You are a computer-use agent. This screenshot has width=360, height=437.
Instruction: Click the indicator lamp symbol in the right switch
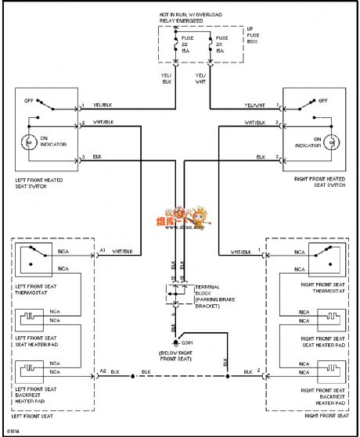[331, 141]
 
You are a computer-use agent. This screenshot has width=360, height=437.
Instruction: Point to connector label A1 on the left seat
[103, 251]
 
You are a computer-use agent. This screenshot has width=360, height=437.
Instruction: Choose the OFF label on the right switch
[322, 101]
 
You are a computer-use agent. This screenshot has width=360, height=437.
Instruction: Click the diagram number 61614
[13, 430]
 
